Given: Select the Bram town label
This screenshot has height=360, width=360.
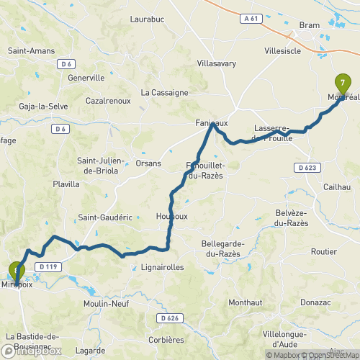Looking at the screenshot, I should point(309,25).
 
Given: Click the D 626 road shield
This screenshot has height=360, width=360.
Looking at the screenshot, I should point(170,318).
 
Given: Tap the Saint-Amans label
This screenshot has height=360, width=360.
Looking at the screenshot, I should point(28,51).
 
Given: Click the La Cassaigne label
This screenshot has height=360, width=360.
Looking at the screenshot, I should point(164,92).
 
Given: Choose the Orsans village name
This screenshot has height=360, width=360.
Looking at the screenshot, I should point(148,163).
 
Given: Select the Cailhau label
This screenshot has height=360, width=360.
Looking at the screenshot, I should point(333,186).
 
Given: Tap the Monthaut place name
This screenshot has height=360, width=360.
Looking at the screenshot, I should point(246,303).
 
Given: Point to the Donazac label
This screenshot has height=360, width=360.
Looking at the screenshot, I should point(312,303).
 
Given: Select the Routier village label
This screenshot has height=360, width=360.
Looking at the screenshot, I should point(323,251).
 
